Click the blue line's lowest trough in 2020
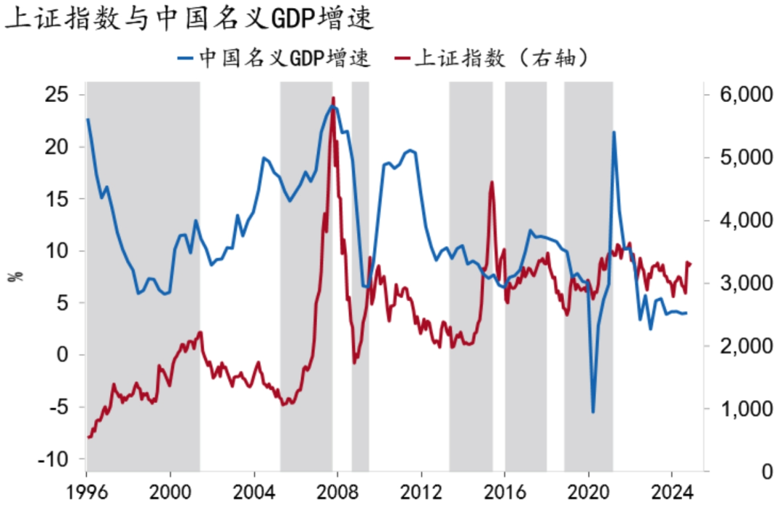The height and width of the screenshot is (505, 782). pyautogui.click(x=593, y=412)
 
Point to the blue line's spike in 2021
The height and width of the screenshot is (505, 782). pyautogui.click(x=614, y=132)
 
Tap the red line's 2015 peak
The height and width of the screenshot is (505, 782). pyautogui.click(x=492, y=182)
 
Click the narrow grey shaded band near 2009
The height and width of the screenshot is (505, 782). pyautogui.click(x=360, y=275)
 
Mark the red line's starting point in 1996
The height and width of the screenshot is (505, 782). pyautogui.click(x=88, y=437)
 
